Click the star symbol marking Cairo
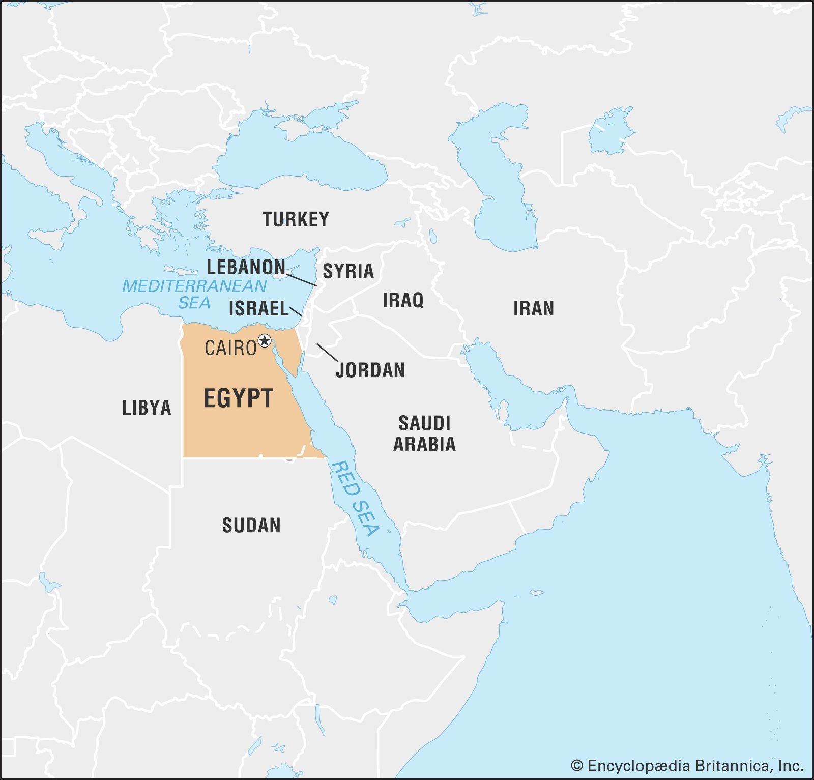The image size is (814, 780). tap(265, 341)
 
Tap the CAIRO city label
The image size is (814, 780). tap(230, 349)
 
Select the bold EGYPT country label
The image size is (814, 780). tap(239, 398)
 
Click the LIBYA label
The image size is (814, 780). tap(147, 408)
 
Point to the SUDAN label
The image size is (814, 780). tap(251, 526)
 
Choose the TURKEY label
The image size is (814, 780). tap(296, 219)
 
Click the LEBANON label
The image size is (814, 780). tap(246, 267)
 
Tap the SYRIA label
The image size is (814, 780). tap(348, 271)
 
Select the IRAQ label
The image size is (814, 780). tap(403, 300)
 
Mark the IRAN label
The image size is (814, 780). tap(533, 309)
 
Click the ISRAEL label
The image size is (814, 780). tap(258, 309)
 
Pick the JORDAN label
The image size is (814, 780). tap(370, 370)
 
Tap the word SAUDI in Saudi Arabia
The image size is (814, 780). tap(424, 423)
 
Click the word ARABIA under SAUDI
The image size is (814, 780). tap(424, 445)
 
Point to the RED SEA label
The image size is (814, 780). tap(355, 499)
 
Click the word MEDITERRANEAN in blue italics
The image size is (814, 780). tap(194, 286)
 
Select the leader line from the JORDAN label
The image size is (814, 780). tap(327, 353)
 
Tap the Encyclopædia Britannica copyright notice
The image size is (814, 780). tap(687, 766)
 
